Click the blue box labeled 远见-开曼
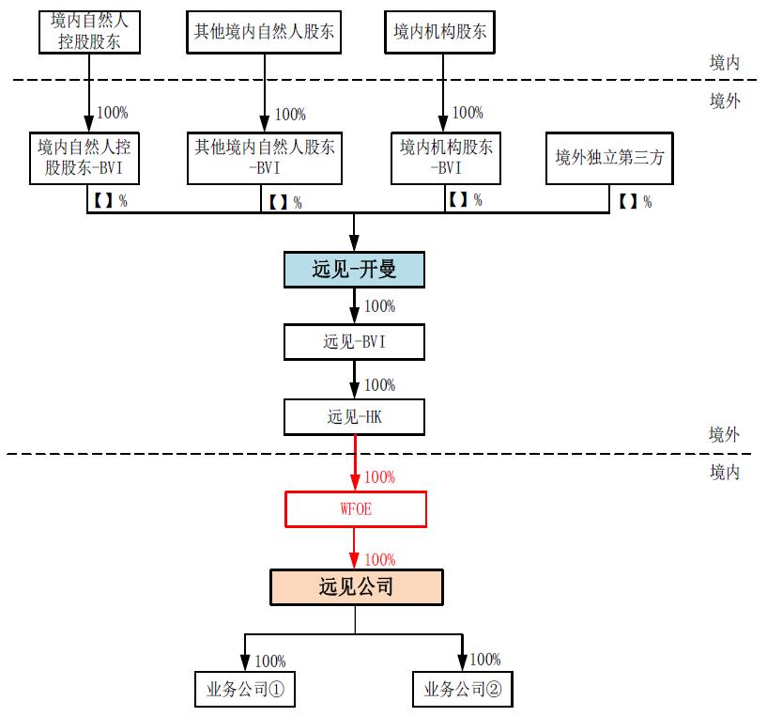[355, 270]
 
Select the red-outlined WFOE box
[355, 509]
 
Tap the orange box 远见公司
[356, 587]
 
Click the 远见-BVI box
[355, 342]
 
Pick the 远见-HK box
[355, 417]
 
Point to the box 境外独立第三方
[609, 158]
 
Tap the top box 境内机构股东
[439, 32]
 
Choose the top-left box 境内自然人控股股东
[89, 31]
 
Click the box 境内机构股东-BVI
[446, 158]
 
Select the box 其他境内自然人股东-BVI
[265, 158]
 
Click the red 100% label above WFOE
[379, 477]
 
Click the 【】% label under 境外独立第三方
[635, 201]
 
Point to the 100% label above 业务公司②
[484, 660]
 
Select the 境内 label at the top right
[724, 63]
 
